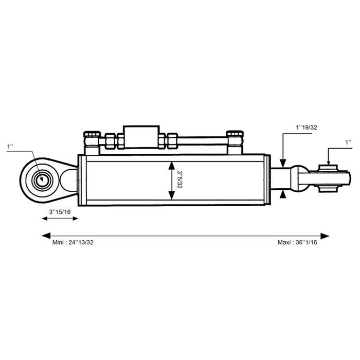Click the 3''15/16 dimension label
60,212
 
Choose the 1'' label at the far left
10,147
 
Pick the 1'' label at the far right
348,142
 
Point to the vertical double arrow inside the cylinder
171,180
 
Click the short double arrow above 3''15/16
60,219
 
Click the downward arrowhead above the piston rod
282,163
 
